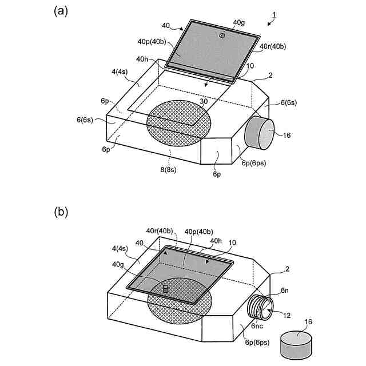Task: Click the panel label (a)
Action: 61,10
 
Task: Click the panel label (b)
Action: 61,212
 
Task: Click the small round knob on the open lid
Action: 222,35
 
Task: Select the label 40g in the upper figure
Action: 239,23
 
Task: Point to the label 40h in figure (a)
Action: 144,59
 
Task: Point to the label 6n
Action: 284,291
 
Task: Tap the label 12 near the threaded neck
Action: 286,314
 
